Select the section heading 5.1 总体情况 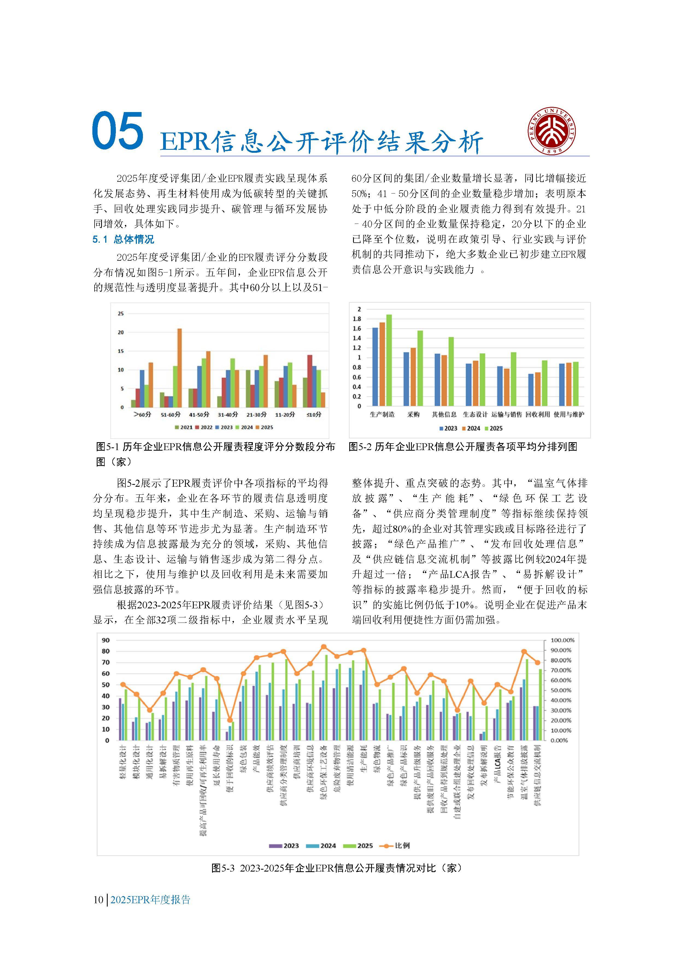pyautogui.click(x=123, y=239)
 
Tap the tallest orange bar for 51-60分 pyautogui.click(x=180, y=368)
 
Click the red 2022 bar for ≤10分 pyautogui.click(x=310, y=381)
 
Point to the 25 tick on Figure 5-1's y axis pyautogui.click(x=121, y=314)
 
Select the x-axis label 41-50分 pyautogui.click(x=199, y=415)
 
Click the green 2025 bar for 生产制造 pyautogui.click(x=389, y=360)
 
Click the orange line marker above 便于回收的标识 pyautogui.click(x=230, y=720)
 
